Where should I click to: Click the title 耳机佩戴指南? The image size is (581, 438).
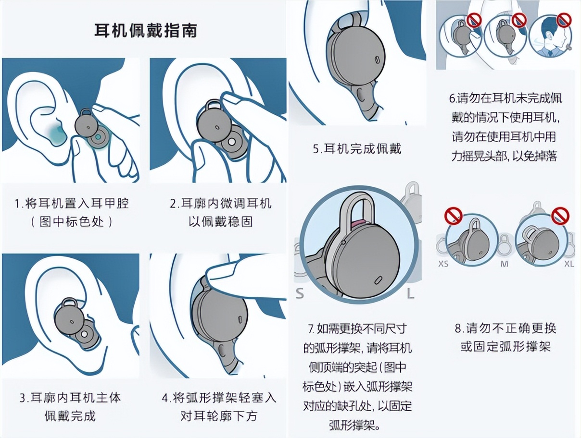click(x=145, y=31)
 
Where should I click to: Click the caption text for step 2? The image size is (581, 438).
click(x=220, y=212)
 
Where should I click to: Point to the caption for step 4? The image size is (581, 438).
click(x=219, y=406)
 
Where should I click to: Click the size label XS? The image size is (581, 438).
click(x=443, y=264)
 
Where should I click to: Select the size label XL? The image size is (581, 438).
click(x=568, y=264)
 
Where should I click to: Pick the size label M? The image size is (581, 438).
click(x=505, y=264)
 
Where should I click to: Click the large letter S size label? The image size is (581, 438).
click(x=300, y=293)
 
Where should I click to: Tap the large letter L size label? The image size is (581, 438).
click(x=410, y=293)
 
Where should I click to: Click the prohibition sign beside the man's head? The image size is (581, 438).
click(x=564, y=20)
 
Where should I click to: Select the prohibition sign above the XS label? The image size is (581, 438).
click(x=453, y=216)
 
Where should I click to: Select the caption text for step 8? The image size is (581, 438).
click(x=505, y=337)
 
